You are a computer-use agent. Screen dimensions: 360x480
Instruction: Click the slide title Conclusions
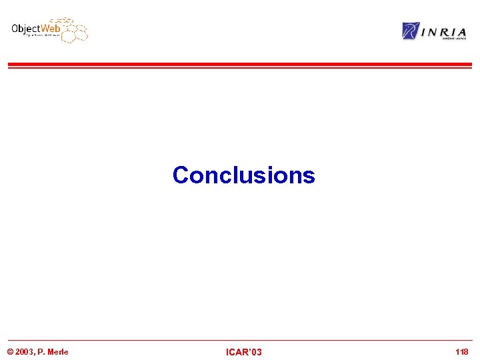(x=243, y=175)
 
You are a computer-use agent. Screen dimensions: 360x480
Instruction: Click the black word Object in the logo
(x=26, y=29)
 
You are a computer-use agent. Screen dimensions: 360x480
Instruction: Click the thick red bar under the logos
(x=239, y=65)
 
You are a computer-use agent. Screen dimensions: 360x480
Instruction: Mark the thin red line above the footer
(x=239, y=340)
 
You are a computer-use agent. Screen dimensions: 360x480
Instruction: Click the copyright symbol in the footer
(x=10, y=351)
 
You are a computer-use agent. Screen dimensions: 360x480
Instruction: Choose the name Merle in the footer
(x=57, y=351)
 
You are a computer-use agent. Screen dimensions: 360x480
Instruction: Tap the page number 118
(x=461, y=351)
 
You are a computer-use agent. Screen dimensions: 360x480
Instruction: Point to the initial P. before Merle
(x=41, y=351)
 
